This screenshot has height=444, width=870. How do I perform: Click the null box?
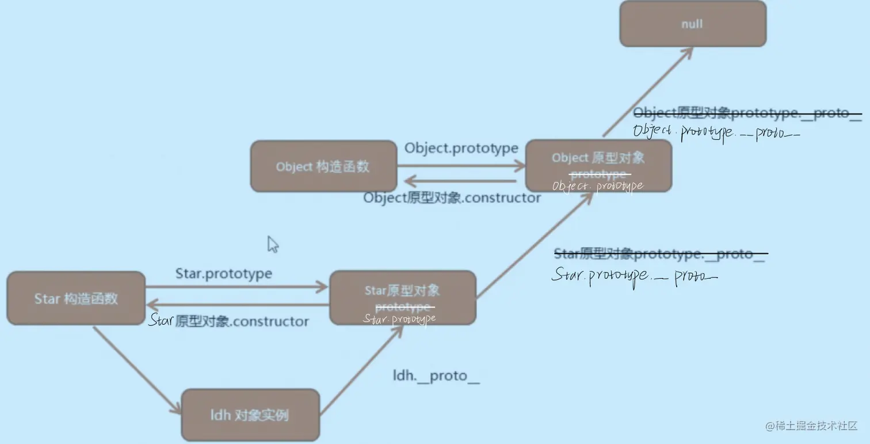click(x=693, y=24)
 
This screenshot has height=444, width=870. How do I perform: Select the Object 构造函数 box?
click(x=323, y=166)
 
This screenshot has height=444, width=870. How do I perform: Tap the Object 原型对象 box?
click(x=598, y=166)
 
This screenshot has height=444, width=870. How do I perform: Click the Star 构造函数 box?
click(x=76, y=298)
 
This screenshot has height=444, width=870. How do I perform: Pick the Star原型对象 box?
click(x=402, y=298)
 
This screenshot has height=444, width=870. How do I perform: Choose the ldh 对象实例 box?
click(x=250, y=415)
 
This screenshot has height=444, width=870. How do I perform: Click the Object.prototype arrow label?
click(x=461, y=149)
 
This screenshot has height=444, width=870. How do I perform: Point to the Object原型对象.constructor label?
click(x=452, y=198)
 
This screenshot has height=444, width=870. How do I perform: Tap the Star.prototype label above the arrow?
click(x=224, y=273)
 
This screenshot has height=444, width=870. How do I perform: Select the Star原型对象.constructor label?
click(x=228, y=321)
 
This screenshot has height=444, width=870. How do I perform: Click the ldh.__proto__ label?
click(x=436, y=376)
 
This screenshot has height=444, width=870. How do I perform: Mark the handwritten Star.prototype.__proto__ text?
click(x=635, y=276)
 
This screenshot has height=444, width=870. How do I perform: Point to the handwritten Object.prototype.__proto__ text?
click(x=716, y=132)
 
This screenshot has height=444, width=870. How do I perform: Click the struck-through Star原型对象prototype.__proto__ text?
click(x=659, y=254)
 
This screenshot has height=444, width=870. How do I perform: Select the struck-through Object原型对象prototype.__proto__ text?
click(x=747, y=113)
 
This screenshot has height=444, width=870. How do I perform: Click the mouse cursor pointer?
click(x=273, y=244)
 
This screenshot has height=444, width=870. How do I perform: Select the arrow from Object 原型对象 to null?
click(x=647, y=92)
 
